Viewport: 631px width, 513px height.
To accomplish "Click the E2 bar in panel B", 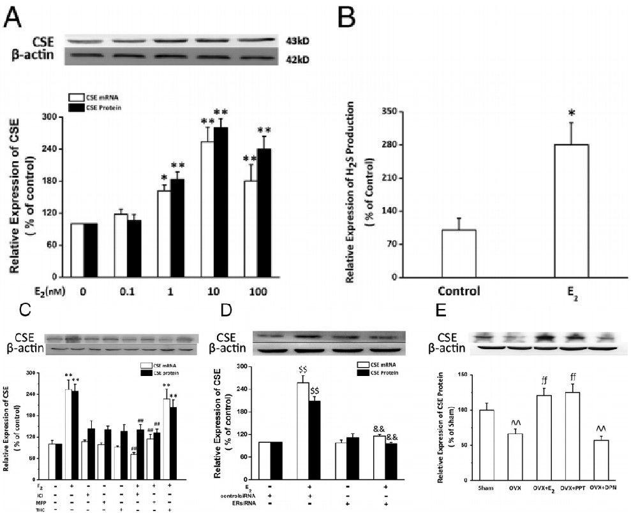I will [x=572, y=211].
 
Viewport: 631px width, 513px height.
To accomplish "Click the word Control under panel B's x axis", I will [x=458, y=293].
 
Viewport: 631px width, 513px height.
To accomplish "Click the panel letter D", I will [x=224, y=312].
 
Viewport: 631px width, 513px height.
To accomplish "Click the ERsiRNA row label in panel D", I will [x=237, y=503].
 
